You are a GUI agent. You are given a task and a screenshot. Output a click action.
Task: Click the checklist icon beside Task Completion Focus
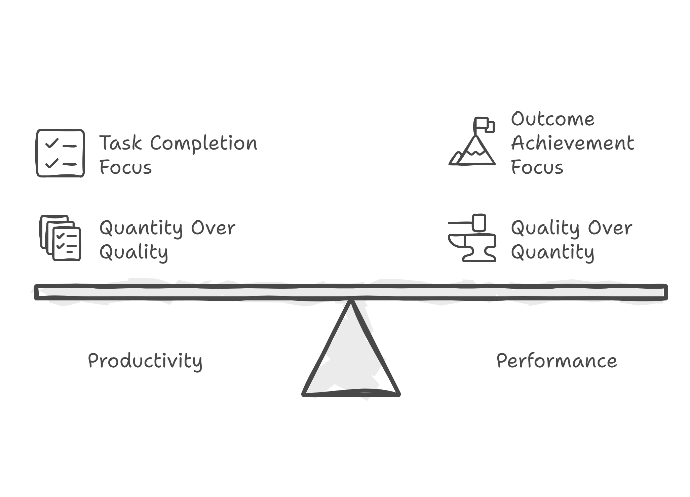click(x=60, y=153)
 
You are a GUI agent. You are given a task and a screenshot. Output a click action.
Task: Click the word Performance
click(x=557, y=361)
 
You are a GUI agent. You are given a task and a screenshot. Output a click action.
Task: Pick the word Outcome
click(x=552, y=119)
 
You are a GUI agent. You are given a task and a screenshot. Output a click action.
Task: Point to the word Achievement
click(x=572, y=143)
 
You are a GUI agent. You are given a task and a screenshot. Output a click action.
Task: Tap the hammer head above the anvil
click(x=479, y=222)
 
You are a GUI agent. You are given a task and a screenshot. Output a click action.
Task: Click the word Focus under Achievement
click(x=537, y=167)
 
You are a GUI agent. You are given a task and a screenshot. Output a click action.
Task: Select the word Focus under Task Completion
click(x=125, y=167)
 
